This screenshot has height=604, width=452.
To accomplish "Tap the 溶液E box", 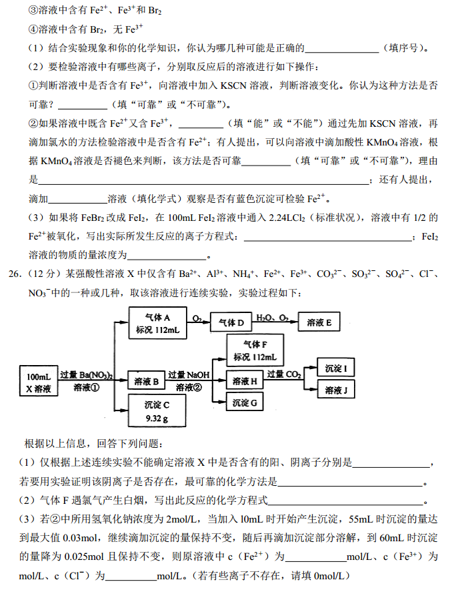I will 319,323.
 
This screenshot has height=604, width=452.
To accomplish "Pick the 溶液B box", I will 146,382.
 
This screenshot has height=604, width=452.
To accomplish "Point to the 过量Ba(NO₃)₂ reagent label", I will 86,374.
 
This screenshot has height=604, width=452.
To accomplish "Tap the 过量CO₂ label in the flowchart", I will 284,374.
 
